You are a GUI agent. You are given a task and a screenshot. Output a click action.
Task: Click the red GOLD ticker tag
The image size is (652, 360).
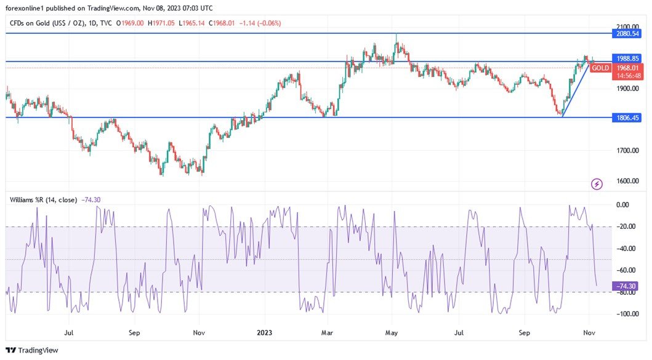coord(600,68)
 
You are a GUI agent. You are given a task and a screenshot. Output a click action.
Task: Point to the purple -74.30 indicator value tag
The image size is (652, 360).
coord(627,286)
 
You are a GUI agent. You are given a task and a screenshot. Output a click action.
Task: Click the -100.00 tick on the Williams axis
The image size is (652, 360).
coord(626,314)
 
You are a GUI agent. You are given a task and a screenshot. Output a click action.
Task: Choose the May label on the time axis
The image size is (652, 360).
coord(392,332)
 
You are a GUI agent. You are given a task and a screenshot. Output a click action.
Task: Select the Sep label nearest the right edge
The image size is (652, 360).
coord(524,332)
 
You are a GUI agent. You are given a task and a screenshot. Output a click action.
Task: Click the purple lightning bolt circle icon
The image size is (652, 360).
coord(596,183)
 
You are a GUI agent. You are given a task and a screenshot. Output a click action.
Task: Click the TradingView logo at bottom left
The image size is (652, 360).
coord(32,350)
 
